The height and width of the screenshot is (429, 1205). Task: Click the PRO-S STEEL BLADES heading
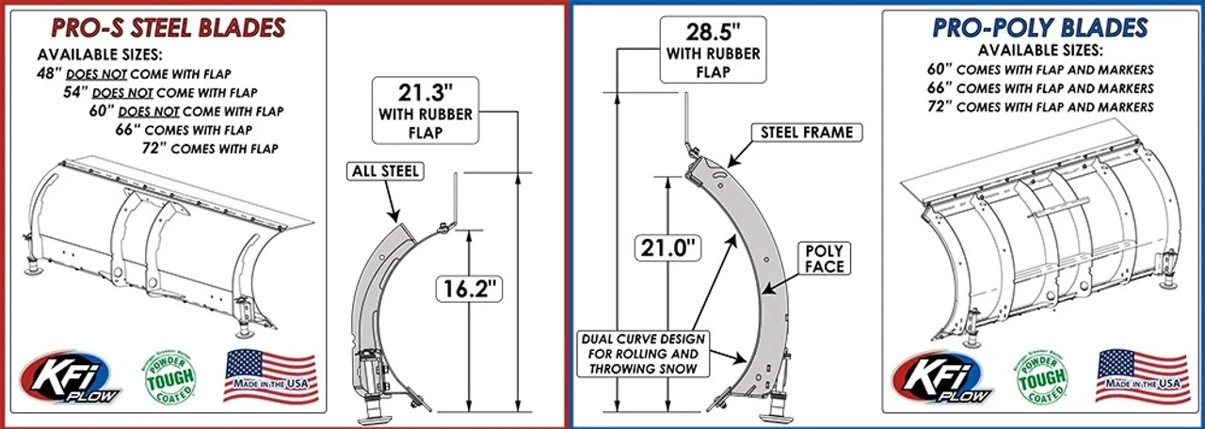[168, 27]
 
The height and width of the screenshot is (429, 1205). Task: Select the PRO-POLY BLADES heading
[1039, 27]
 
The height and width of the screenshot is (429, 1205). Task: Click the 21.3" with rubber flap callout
[423, 111]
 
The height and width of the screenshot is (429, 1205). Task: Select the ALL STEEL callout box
[385, 171]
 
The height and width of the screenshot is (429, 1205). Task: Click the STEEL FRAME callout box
[806, 133]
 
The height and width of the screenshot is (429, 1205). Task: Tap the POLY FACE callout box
[824, 259]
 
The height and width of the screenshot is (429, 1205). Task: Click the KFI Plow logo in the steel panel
[80, 378]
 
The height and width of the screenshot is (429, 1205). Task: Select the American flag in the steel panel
[270, 374]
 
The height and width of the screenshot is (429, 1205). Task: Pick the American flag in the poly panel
[1143, 374]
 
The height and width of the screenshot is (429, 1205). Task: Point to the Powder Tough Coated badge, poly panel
[1041, 378]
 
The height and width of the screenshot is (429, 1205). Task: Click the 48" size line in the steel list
[137, 73]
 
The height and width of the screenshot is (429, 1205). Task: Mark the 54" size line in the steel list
[160, 92]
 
